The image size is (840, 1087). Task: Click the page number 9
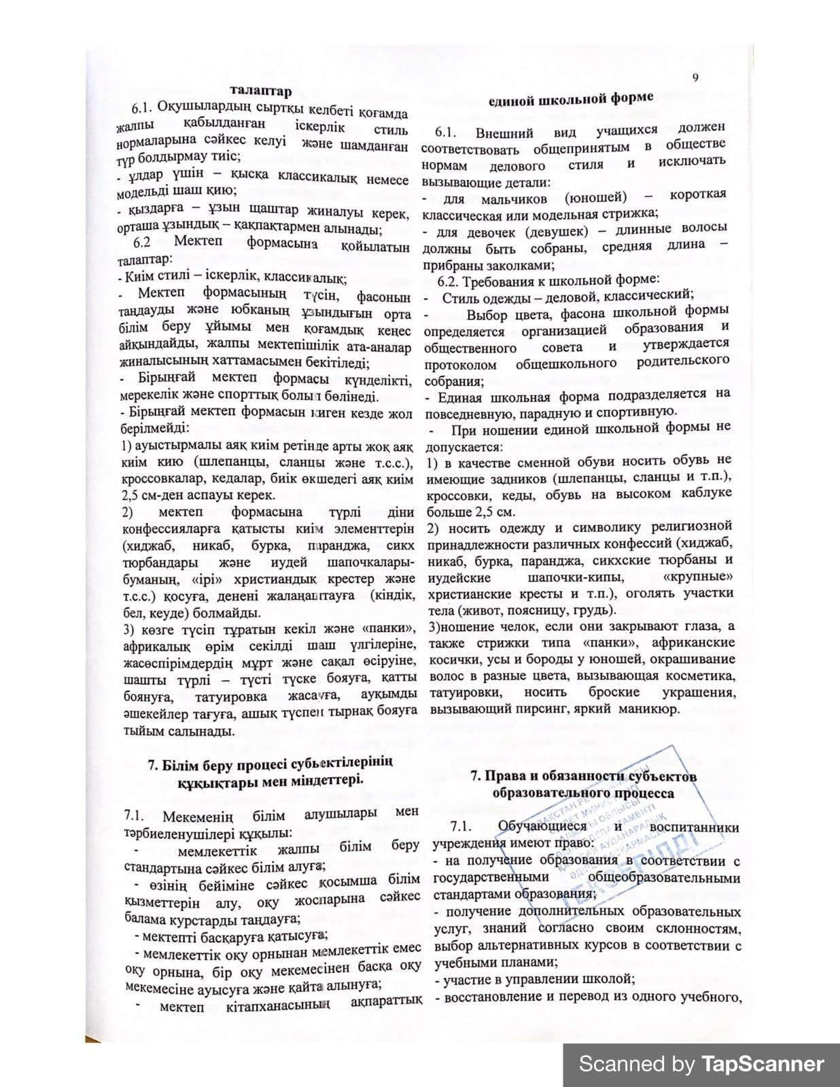click(x=695, y=77)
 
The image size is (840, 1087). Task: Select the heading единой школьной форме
click(x=572, y=99)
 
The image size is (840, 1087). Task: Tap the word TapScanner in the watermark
click(x=763, y=1063)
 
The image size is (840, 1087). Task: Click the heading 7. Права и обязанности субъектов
click(x=584, y=777)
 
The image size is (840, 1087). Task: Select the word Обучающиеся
click(x=542, y=826)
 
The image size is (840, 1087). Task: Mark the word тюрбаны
click(x=680, y=560)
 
